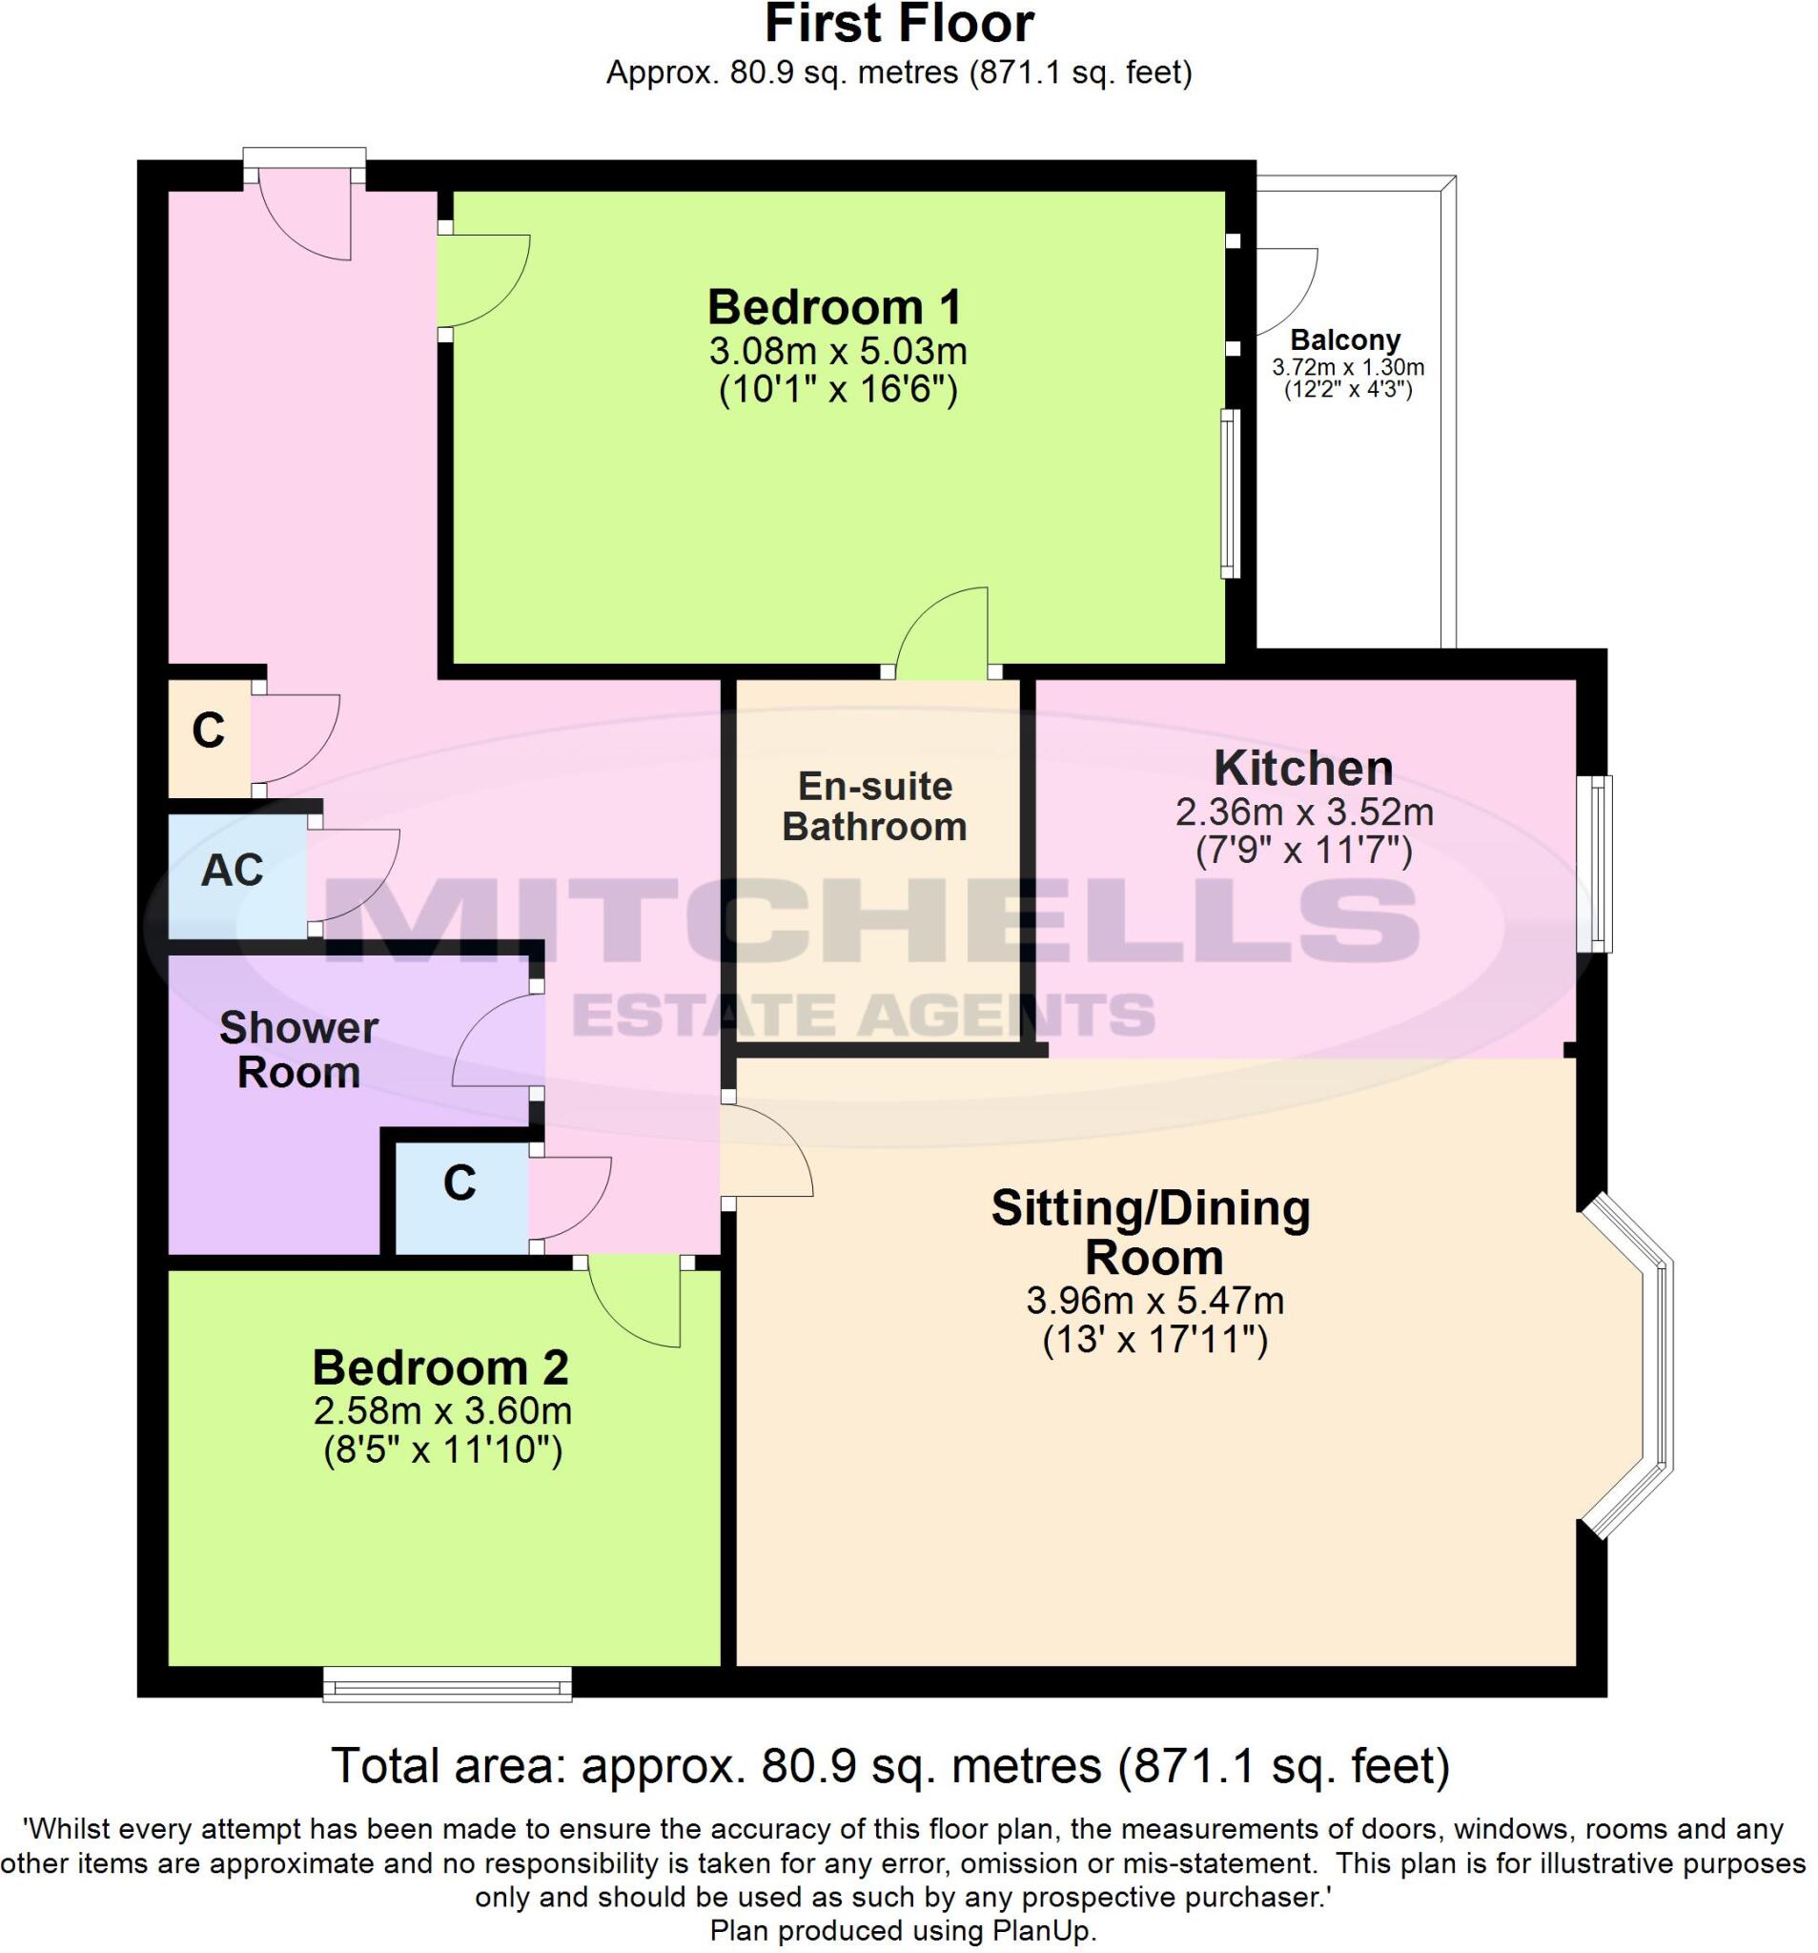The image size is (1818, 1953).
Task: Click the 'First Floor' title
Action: click(x=898, y=24)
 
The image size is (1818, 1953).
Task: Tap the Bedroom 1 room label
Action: click(x=834, y=306)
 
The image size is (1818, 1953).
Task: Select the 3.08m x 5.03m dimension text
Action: click(x=837, y=351)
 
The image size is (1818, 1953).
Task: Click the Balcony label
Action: click(x=1344, y=339)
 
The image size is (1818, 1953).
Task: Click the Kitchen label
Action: click(x=1303, y=768)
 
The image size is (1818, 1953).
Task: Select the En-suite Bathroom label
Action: click(x=874, y=807)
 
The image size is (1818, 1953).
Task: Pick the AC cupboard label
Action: click(x=233, y=871)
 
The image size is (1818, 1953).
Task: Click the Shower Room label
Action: click(x=298, y=1049)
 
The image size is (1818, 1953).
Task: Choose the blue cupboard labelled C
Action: click(x=459, y=1183)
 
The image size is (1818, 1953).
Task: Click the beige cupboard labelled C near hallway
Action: click(x=208, y=730)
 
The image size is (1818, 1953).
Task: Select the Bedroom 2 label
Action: click(x=440, y=1367)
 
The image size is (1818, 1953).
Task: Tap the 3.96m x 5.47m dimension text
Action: click(x=1155, y=1302)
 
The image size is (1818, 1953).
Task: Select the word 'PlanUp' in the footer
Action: click(x=1047, y=1931)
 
